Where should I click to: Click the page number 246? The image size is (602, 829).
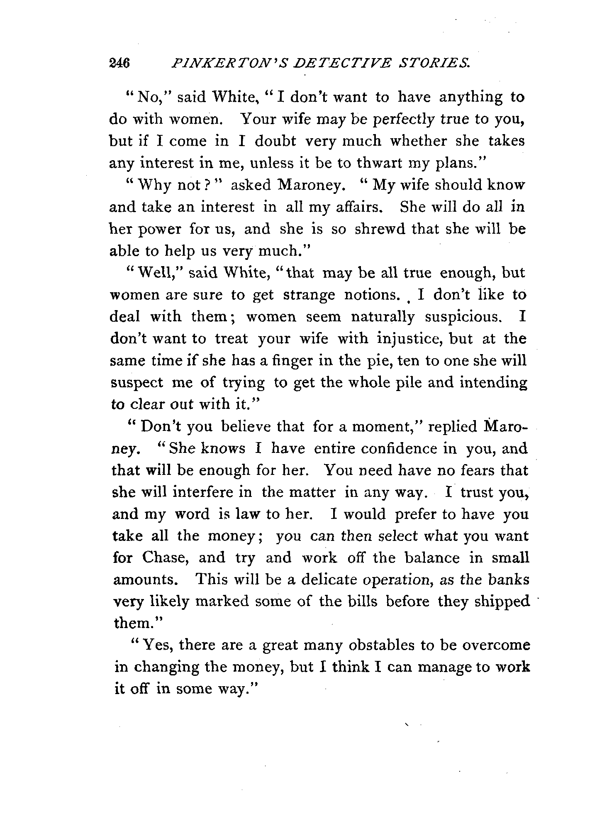[119, 63]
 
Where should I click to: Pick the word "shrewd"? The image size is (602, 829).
[379, 229]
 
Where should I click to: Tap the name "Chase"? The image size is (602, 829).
[166, 558]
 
